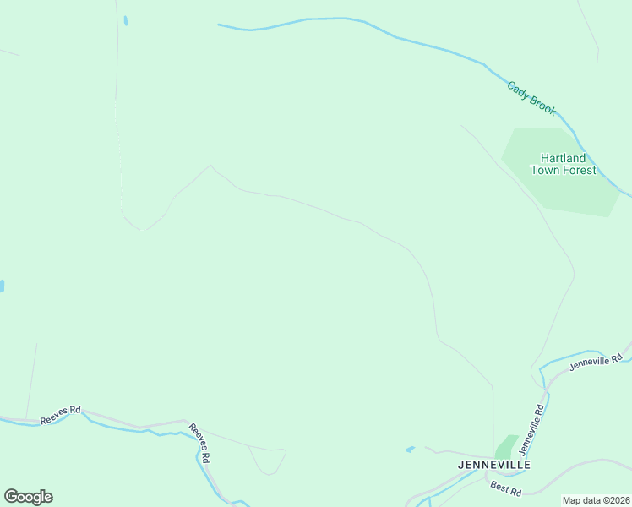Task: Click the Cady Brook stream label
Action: tap(531, 98)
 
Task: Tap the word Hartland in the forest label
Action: tap(563, 158)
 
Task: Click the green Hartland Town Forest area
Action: tap(591, 194)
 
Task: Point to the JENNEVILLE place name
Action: tap(493, 465)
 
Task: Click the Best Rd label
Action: tap(505, 488)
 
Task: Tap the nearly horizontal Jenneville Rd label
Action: tap(596, 362)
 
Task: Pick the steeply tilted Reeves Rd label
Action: tap(199, 442)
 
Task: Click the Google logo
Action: tap(28, 497)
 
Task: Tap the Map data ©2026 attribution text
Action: tap(596, 500)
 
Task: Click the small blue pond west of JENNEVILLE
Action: tap(411, 449)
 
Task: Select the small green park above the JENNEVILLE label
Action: tap(506, 446)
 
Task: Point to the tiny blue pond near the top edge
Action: tap(125, 20)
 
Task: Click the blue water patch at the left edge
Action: tap(2, 286)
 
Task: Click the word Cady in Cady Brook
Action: tap(518, 89)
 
